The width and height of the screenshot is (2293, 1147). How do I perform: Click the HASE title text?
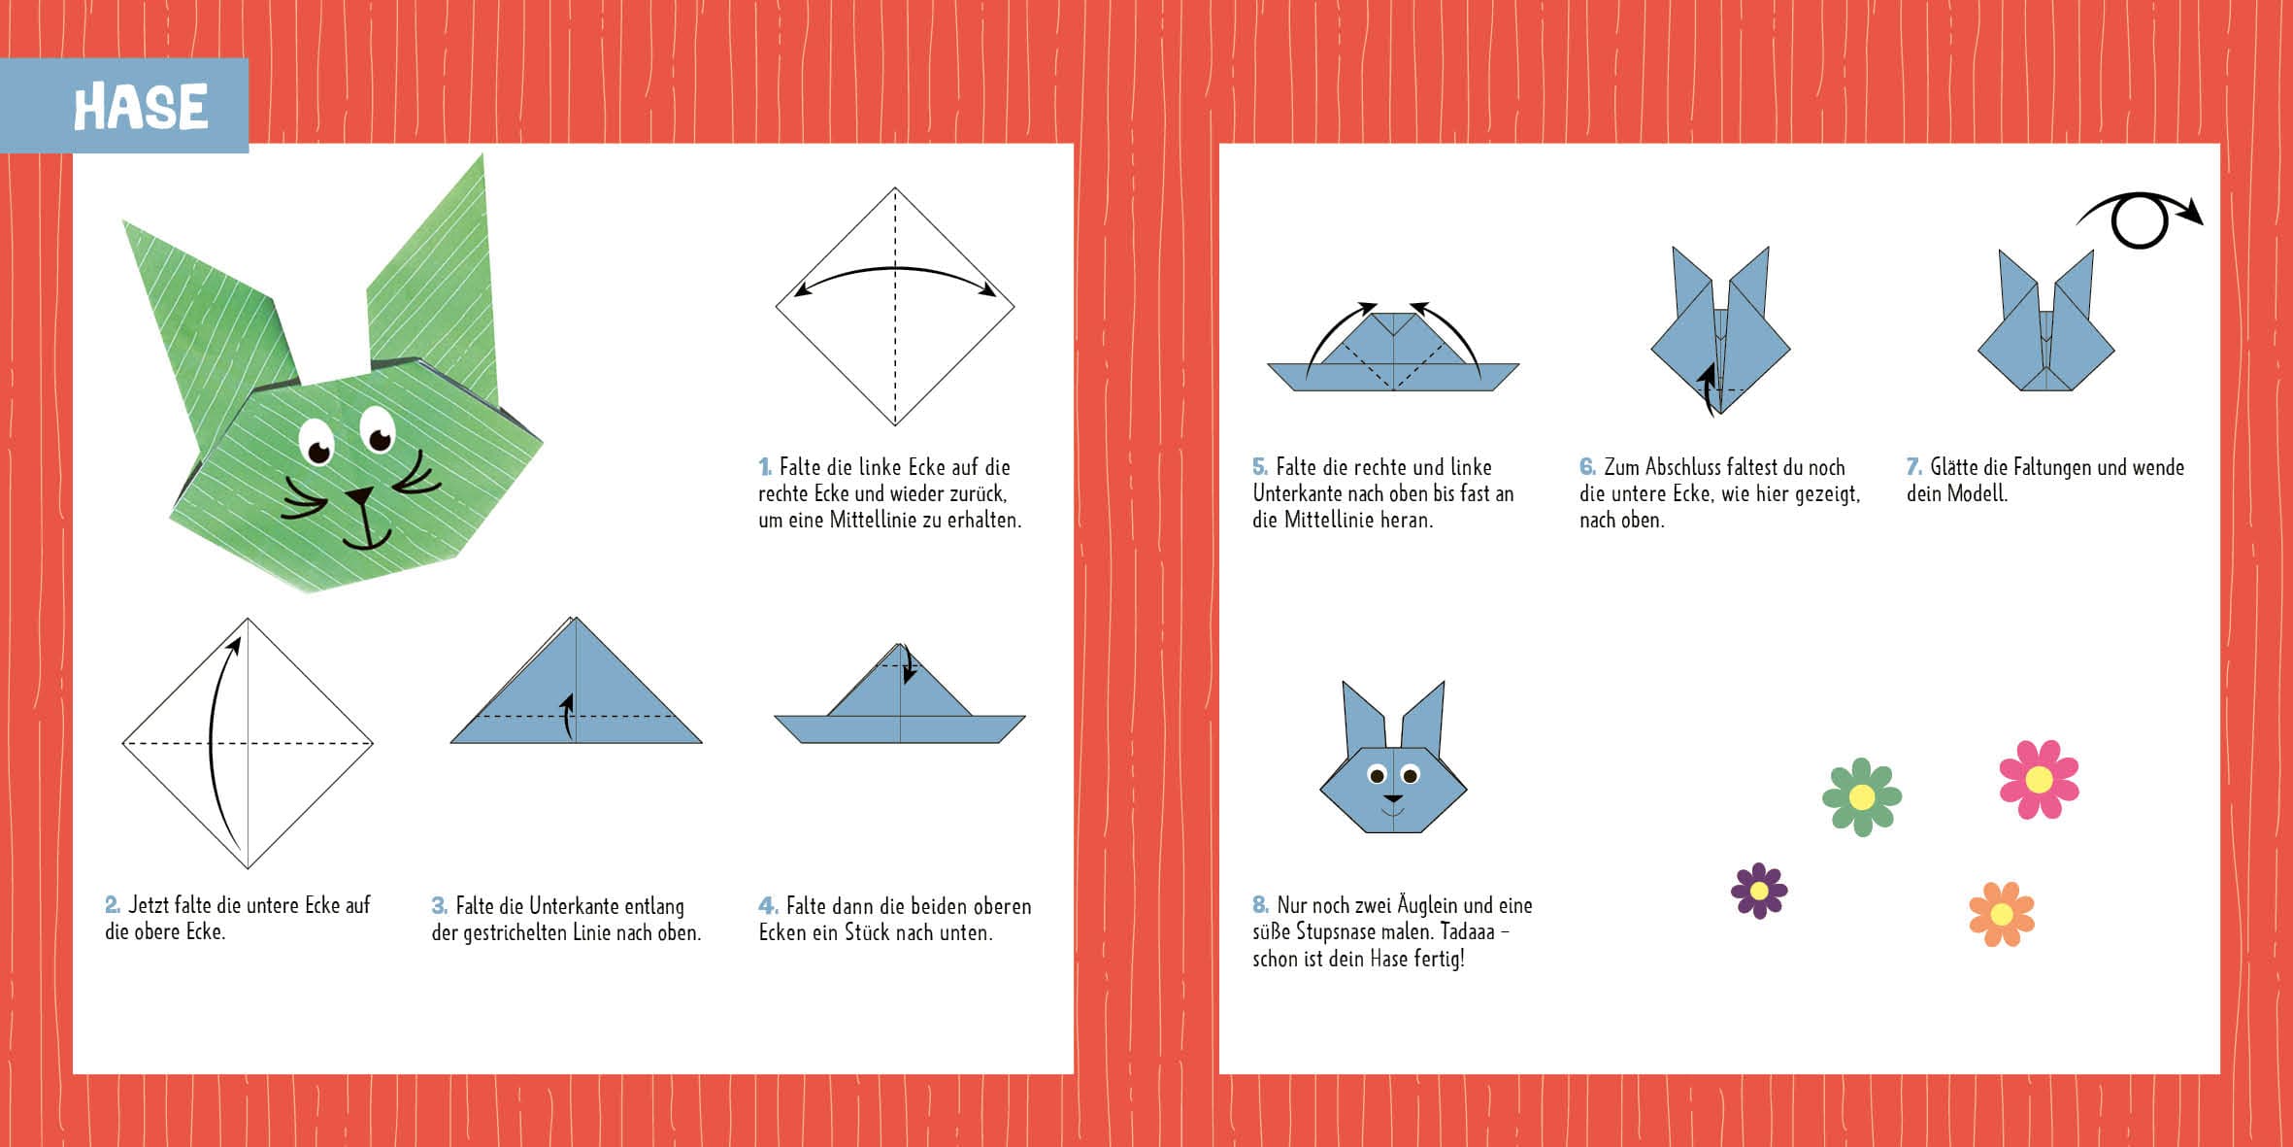(x=141, y=107)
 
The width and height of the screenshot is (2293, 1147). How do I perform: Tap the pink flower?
(x=2039, y=779)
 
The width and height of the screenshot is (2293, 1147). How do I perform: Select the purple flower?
(x=1759, y=891)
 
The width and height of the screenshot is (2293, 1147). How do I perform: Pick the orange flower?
(x=2001, y=914)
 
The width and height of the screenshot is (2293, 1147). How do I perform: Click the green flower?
(x=1862, y=796)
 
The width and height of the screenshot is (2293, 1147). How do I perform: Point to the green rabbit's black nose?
(x=360, y=496)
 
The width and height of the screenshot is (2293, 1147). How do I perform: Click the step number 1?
(x=765, y=467)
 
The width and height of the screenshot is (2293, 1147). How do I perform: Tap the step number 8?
(x=1260, y=905)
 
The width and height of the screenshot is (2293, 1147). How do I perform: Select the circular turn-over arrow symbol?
(x=2140, y=220)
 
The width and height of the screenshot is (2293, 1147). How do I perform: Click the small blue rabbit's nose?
(x=1393, y=798)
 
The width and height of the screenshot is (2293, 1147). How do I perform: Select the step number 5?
(x=1260, y=467)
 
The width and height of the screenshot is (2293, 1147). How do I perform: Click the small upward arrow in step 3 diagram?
(x=567, y=716)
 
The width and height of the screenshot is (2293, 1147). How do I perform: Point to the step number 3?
(x=439, y=906)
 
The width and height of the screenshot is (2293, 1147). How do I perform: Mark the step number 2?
(x=113, y=905)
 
